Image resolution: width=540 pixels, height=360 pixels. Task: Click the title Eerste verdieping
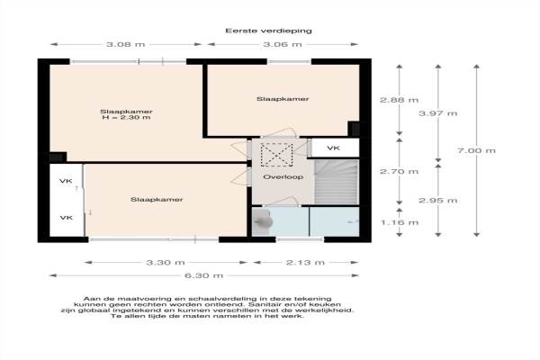coord(268,31)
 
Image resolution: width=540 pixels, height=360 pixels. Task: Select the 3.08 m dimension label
coord(126,44)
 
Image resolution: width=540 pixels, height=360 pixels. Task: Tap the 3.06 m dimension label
coord(283,44)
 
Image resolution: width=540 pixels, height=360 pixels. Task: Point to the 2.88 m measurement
coord(399,100)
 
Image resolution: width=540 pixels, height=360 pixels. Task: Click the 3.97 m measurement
coord(438,113)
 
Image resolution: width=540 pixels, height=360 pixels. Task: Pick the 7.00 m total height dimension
coord(477,150)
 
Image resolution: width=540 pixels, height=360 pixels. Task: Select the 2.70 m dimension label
coord(399,171)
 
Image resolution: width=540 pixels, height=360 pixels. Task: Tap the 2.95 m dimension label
coord(438,201)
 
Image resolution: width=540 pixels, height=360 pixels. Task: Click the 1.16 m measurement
coord(400,222)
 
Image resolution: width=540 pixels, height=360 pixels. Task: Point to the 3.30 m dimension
coord(166,263)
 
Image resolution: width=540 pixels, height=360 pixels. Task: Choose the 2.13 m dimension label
coord(305,263)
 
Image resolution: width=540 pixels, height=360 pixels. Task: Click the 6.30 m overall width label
coord(204,275)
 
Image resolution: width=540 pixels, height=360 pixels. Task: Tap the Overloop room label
coord(283,177)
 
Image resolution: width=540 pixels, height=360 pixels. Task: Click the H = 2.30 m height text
coord(126,118)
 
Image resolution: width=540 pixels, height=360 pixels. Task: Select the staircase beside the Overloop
coord(337,182)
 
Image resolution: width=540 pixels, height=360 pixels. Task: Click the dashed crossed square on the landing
coord(276,155)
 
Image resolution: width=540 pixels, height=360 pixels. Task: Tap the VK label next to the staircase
coord(333,148)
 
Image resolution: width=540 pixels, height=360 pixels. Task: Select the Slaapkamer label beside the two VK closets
coord(157,200)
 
